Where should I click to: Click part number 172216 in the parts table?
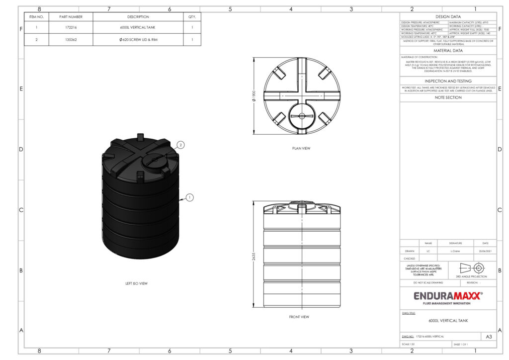[71, 28]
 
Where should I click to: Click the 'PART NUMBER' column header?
[71, 17]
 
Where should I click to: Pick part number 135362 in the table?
[71, 39]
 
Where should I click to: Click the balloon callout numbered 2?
[181, 145]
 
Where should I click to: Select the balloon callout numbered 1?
[189, 197]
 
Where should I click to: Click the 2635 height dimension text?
[254, 255]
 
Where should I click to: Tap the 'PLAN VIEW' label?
[301, 148]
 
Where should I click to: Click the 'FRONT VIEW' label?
[299, 317]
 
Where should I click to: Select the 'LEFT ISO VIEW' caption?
[136, 283]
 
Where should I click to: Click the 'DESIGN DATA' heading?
[448, 16]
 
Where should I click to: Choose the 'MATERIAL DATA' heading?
[448, 51]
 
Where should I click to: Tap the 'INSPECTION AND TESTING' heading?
[448, 81]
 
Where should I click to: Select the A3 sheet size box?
[489, 337]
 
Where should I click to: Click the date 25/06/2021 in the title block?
[485, 251]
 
